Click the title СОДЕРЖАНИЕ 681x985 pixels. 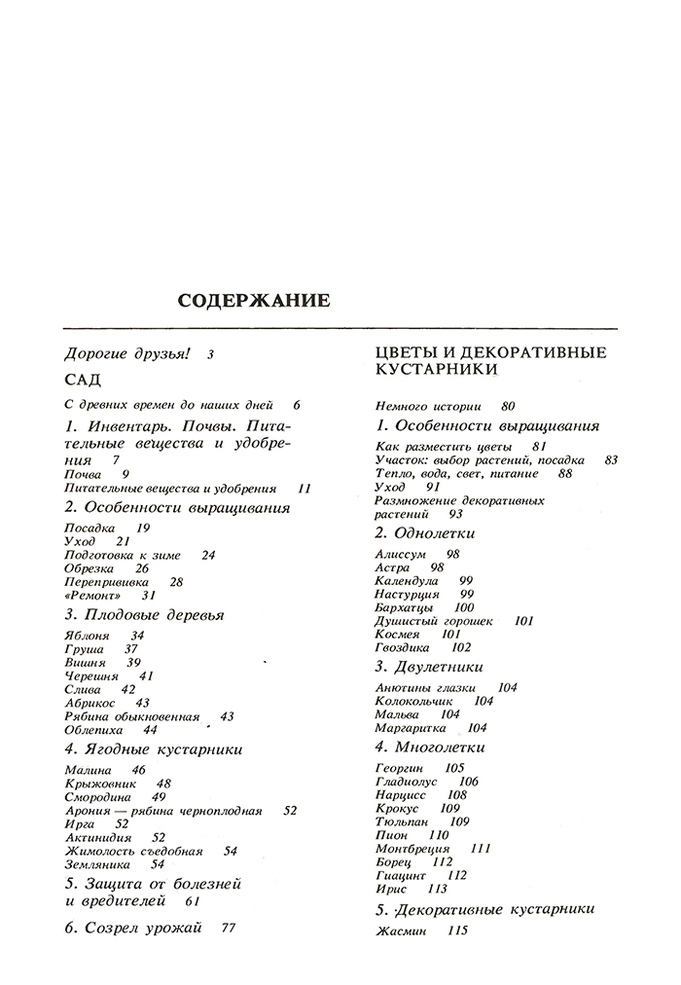pyautogui.click(x=254, y=301)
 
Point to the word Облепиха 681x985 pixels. pyautogui.click(x=90, y=729)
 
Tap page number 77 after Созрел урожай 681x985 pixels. pyautogui.click(x=229, y=928)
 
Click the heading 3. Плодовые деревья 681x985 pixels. pyautogui.click(x=144, y=614)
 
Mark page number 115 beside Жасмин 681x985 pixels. pyautogui.click(x=457, y=930)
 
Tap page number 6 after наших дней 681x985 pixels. pyautogui.click(x=296, y=405)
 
